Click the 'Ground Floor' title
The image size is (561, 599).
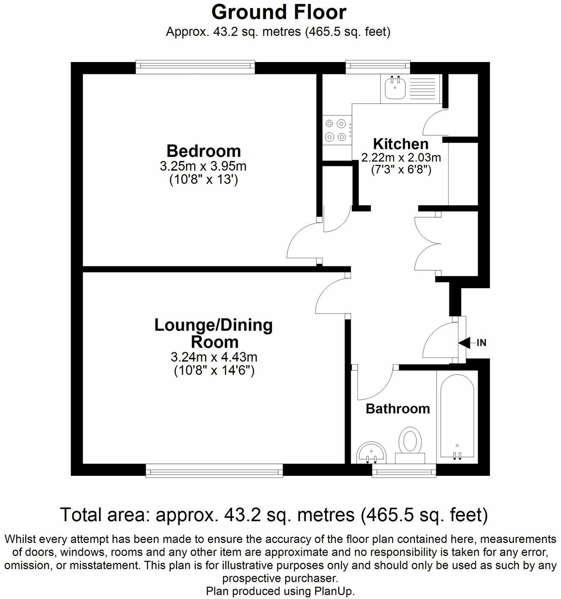[279, 12]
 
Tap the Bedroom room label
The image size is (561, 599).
[204, 151]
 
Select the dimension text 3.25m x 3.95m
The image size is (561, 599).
[203, 166]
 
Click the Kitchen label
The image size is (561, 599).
[401, 143]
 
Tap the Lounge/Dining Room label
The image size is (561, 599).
[214, 333]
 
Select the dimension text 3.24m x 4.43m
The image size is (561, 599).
[214, 357]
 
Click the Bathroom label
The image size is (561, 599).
[398, 409]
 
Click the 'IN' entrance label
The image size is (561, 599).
[481, 342]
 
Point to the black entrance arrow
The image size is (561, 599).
[466, 342]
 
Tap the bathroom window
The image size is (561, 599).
[404, 472]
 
